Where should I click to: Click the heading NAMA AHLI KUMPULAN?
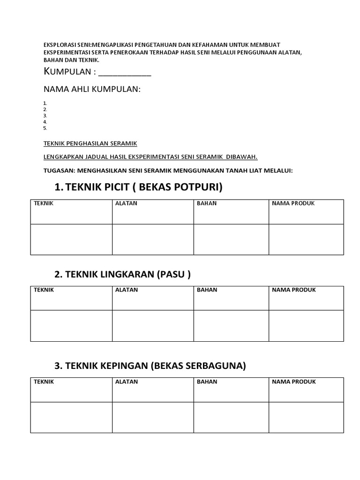click(x=92, y=89)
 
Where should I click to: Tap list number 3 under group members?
click(x=45, y=115)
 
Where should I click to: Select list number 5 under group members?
click(x=45, y=127)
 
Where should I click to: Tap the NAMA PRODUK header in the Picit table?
click(x=293, y=203)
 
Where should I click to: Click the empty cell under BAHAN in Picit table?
click(x=231, y=239)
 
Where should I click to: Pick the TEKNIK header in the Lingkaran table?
click(x=44, y=290)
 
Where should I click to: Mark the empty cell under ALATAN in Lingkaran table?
click(x=153, y=325)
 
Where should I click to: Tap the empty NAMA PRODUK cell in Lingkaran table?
click(x=306, y=325)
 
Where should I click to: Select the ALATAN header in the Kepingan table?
click(x=126, y=382)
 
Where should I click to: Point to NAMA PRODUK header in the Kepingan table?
click(x=293, y=382)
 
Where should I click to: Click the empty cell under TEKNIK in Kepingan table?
click(x=71, y=417)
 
